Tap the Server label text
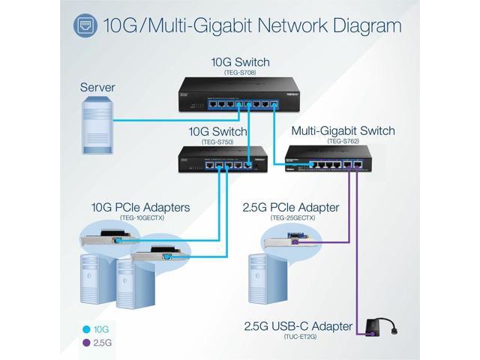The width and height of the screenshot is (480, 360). tap(99, 88)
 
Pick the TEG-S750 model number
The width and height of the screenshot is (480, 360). tap(221, 142)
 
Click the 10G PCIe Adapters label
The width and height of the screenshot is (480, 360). tap(128, 206)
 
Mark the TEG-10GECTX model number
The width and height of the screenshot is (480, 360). tap(129, 217)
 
